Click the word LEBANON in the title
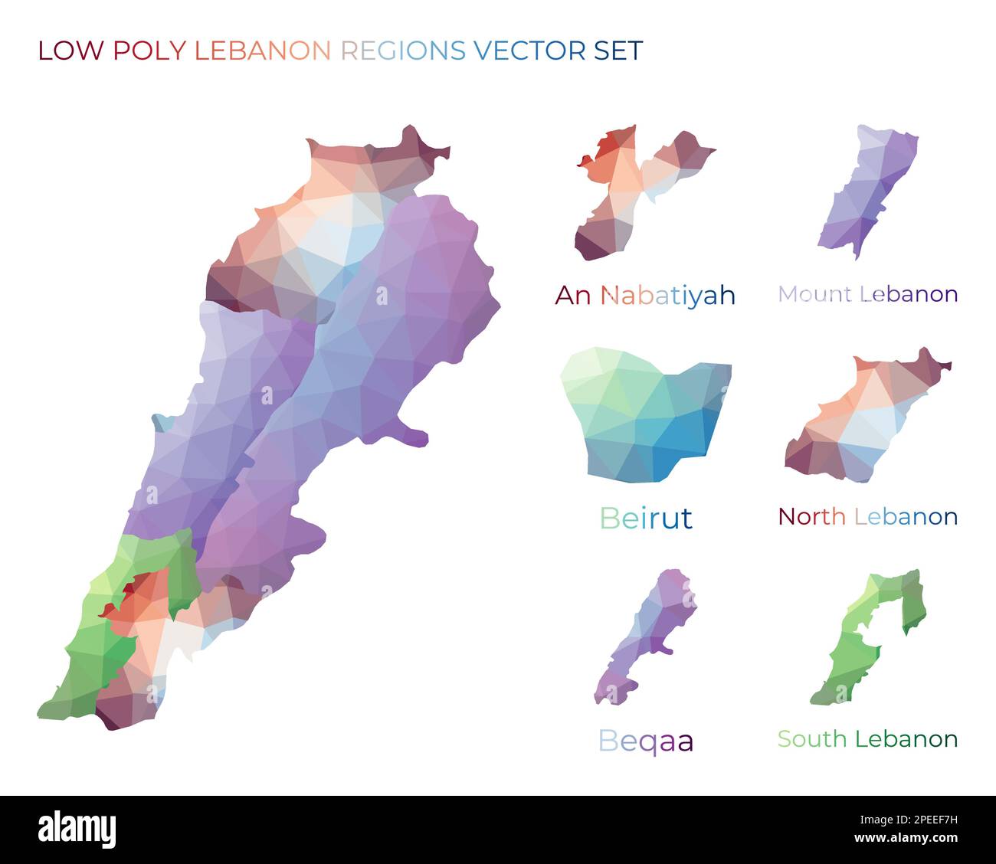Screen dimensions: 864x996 (x=263, y=51)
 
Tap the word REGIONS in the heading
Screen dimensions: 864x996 (x=402, y=51)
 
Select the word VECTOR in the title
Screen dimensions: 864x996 (x=529, y=51)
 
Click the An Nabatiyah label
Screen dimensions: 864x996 (x=645, y=295)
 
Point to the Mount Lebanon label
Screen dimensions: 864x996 (x=867, y=294)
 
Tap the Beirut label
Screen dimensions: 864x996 (x=646, y=519)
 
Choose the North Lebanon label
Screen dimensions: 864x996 (x=867, y=516)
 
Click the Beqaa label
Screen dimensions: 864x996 (x=645, y=741)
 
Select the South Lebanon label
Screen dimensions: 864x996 (x=867, y=739)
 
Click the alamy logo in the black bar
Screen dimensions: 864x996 (x=77, y=830)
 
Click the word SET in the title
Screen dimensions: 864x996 (x=618, y=51)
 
